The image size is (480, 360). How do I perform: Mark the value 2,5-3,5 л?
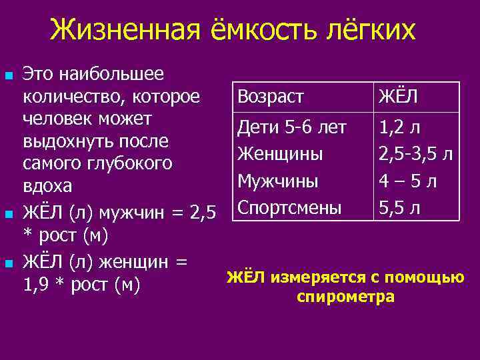[x=415, y=154]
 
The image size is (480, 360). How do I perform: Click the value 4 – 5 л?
[x=407, y=181]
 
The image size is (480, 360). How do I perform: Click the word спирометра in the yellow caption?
[x=345, y=297]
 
